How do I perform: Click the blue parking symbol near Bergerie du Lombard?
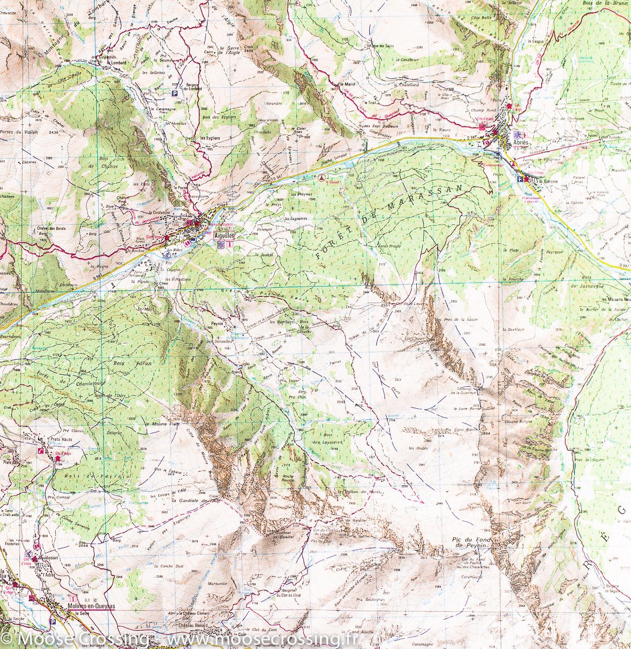175,93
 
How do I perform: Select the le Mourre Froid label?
162,424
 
